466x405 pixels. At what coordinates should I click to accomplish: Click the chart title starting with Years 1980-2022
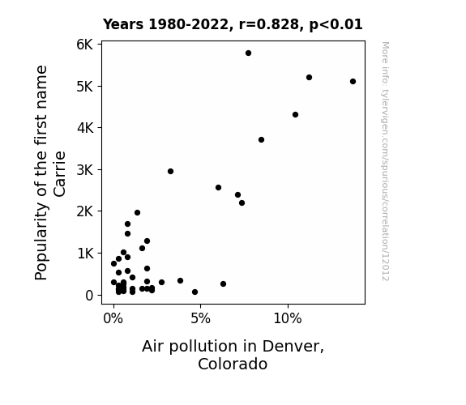coord(233,24)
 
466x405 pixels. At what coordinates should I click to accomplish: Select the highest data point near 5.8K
coord(249,53)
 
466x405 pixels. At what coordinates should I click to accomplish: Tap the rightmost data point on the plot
coord(353,82)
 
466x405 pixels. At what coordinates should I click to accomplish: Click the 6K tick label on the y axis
coord(85,45)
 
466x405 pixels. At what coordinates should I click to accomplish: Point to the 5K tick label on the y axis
coord(85,87)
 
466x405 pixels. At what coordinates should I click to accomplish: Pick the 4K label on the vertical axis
coord(85,128)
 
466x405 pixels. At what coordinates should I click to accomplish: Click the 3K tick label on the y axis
coord(85,170)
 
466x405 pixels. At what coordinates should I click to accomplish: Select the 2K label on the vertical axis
coord(85,211)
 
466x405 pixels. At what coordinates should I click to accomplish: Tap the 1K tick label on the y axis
coord(85,254)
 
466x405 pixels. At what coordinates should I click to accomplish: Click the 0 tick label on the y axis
coord(89,296)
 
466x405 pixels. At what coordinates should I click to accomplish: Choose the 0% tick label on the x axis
coord(113,319)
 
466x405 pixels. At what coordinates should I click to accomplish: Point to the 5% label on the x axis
coord(201,319)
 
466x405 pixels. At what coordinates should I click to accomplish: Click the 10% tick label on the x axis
coord(288,319)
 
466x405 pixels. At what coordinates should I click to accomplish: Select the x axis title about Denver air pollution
coord(233,355)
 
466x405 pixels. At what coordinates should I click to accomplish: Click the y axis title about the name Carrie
coord(49,173)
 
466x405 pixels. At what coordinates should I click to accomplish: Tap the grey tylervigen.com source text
coord(386,161)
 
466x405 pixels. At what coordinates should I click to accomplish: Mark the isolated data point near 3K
coord(170,172)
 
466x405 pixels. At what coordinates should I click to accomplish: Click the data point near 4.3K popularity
coord(296,115)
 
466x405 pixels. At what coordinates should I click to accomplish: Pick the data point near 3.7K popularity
coord(261,139)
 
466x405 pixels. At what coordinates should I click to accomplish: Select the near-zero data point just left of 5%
coord(195,292)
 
